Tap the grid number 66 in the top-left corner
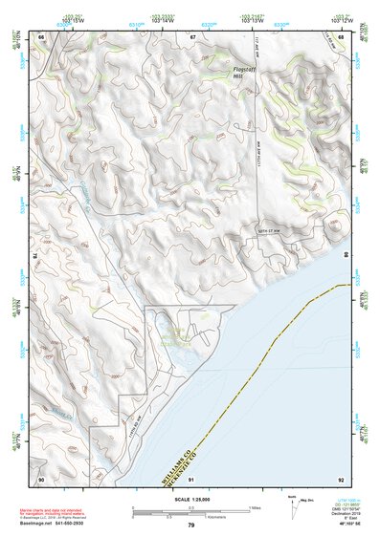[x=41, y=36]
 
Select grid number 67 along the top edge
[x=192, y=36]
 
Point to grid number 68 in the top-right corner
[x=342, y=36]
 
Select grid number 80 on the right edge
[x=346, y=256]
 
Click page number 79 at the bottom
[x=191, y=525]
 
